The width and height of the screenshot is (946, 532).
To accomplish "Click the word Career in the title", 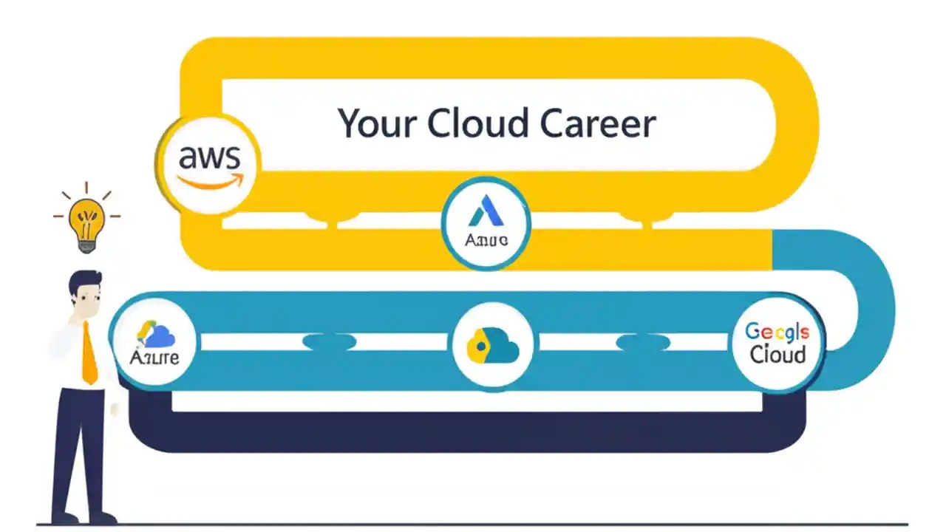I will coord(597,123).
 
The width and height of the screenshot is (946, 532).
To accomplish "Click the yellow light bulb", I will coord(86,218).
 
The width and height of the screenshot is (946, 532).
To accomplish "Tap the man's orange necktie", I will coord(89,354).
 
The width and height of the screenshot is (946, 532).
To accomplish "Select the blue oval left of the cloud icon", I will coord(330,341).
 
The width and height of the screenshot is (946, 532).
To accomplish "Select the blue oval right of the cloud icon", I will coord(642,342).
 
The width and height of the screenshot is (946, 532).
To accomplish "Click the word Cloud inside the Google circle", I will coord(777,355).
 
